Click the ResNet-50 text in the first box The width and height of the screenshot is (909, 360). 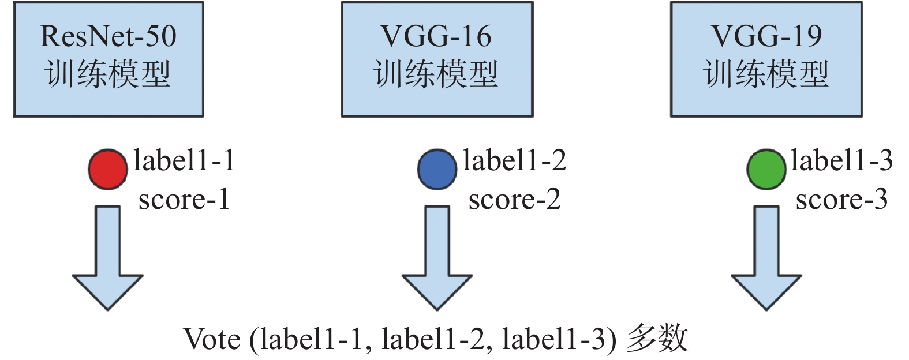point(108,36)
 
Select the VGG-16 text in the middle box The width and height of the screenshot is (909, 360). point(436,36)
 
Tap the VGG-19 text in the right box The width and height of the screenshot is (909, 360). point(766,36)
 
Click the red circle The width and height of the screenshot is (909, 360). point(107,170)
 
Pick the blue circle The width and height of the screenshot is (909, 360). point(437,170)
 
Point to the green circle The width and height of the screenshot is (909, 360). point(766,170)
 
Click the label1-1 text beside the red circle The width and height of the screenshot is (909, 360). point(184,160)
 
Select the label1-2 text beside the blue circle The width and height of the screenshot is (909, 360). point(514,160)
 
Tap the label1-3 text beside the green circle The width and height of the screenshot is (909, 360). point(841,160)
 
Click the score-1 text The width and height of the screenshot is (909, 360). point(184,200)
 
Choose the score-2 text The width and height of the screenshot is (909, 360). point(514,200)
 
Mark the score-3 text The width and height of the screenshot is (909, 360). point(841,200)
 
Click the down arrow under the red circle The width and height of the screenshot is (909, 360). point(107,260)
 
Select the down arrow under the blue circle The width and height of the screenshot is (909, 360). point(437,260)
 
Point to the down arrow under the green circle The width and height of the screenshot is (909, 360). point(766,260)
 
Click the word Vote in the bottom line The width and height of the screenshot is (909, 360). point(212,339)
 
